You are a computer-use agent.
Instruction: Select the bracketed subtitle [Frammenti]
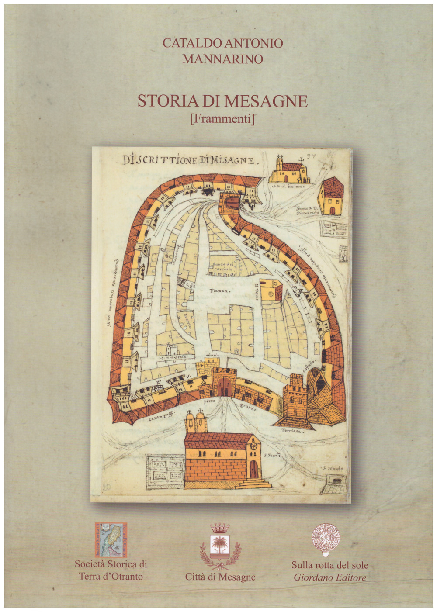click(x=223, y=118)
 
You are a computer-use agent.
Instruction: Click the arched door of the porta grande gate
click(x=225, y=387)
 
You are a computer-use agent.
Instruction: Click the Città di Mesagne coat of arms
click(x=220, y=546)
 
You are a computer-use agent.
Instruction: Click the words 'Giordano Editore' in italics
click(x=330, y=577)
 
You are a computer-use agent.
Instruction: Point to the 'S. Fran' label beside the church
click(x=272, y=457)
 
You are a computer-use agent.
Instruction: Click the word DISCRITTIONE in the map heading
click(x=160, y=160)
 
